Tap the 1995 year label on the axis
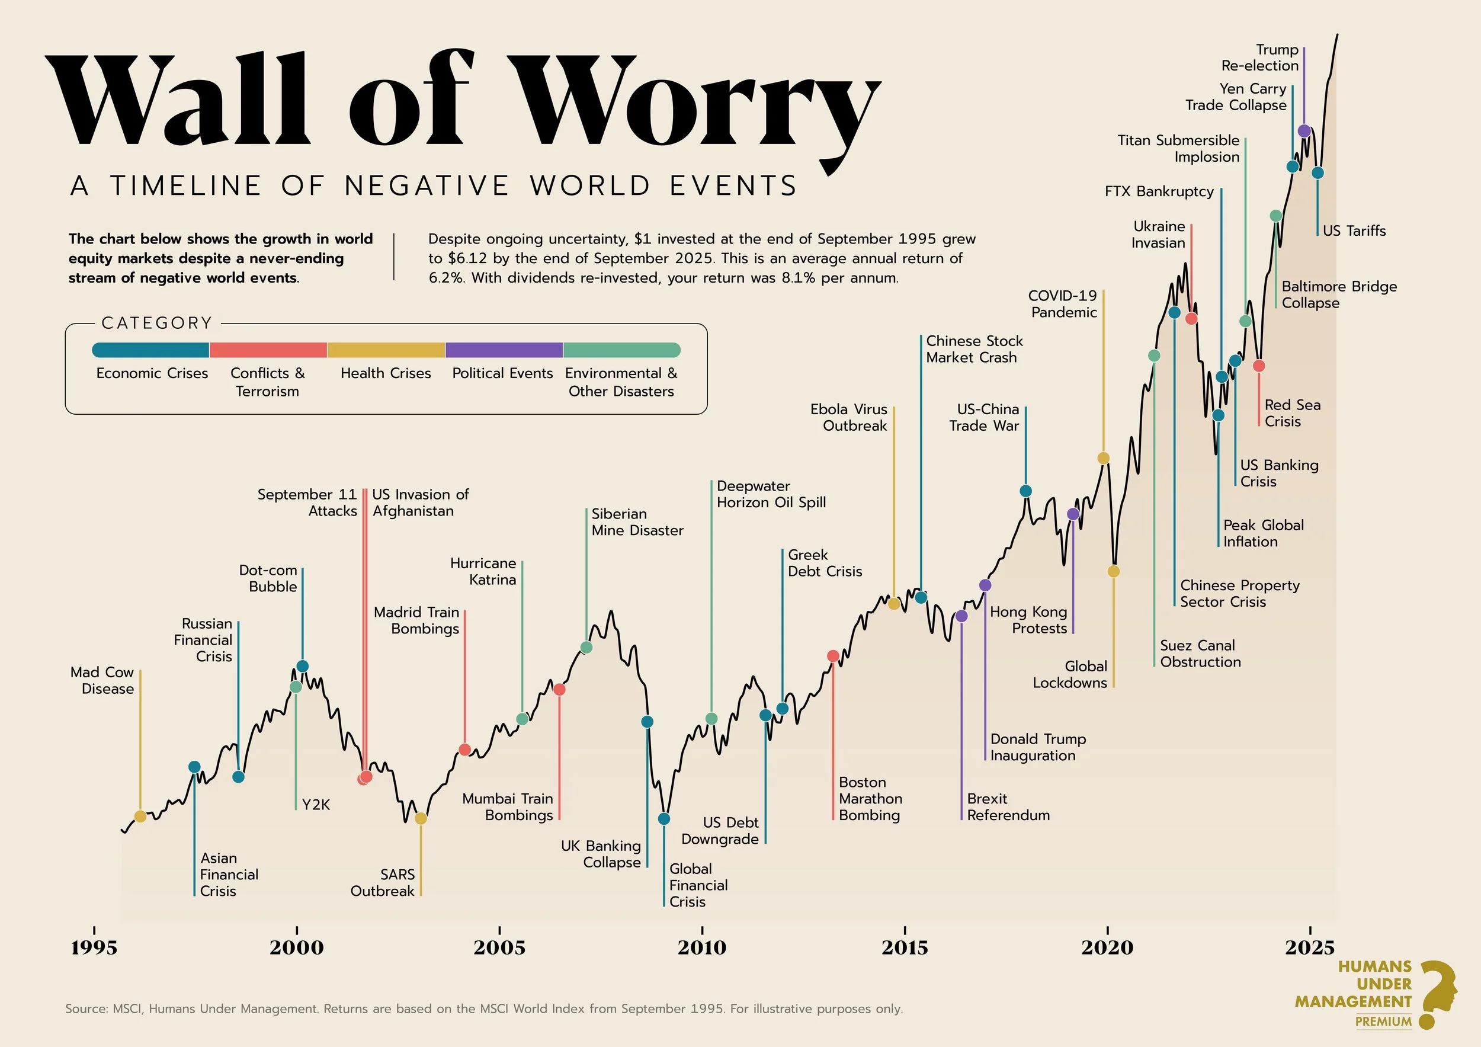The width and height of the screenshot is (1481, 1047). click(x=94, y=947)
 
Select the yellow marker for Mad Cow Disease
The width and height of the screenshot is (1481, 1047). click(x=140, y=817)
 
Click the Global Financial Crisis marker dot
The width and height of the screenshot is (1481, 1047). click(x=663, y=819)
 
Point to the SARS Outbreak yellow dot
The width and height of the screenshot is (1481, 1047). click(x=421, y=819)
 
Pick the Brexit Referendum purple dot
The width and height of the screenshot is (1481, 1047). click(x=961, y=616)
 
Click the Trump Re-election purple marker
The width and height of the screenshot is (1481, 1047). click(x=1304, y=131)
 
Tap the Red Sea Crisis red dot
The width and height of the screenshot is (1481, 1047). click(x=1258, y=366)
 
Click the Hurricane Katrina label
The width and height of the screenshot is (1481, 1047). click(x=483, y=572)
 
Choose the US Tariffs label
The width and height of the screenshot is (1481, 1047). click(x=1354, y=231)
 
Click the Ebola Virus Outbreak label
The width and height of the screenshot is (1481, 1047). click(x=849, y=417)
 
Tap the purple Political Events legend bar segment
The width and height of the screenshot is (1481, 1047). click(x=504, y=350)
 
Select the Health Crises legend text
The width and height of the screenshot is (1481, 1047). click(x=386, y=373)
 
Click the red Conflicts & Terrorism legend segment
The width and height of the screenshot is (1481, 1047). click(x=268, y=350)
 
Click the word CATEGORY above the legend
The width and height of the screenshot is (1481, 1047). click(x=157, y=323)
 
